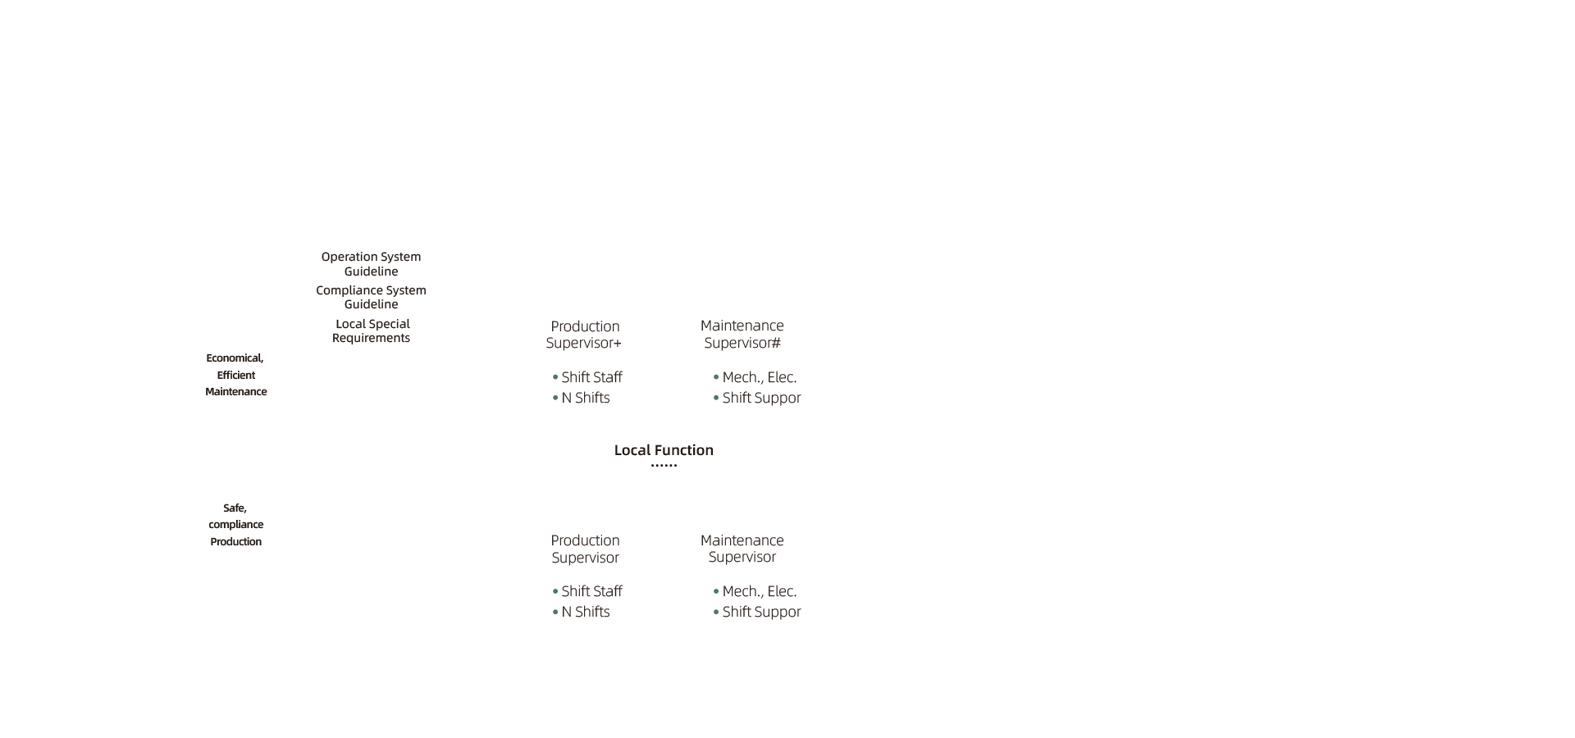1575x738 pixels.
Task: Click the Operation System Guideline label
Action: (371, 264)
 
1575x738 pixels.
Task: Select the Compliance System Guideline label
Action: (371, 297)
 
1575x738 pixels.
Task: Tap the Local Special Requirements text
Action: (372, 330)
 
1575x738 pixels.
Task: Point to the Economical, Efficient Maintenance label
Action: (236, 375)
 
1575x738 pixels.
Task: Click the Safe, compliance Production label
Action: (236, 525)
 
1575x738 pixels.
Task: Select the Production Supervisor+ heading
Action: (584, 335)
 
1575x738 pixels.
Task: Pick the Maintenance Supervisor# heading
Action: (742, 334)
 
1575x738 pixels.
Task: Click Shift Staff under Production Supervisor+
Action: (591, 377)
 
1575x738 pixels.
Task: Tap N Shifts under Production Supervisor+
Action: (586, 398)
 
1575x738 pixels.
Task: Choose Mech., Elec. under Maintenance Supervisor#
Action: (760, 377)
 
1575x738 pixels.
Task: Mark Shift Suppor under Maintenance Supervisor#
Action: (761, 398)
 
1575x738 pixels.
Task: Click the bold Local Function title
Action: (664, 450)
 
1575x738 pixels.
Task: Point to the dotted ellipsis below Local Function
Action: (664, 466)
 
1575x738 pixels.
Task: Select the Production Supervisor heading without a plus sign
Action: (585, 549)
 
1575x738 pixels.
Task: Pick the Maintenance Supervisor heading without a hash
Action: (742, 549)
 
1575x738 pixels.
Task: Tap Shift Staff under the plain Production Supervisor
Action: (591, 591)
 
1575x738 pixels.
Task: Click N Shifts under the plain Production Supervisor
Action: (586, 612)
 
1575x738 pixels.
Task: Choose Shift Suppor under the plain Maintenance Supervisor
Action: (761, 612)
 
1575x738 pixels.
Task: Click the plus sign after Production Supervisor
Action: (618, 344)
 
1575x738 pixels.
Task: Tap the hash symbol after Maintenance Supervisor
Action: (776, 343)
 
